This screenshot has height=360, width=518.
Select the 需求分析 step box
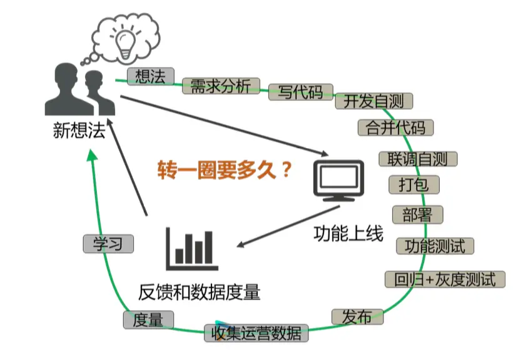(220, 86)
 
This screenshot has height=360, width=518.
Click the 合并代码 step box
(395, 127)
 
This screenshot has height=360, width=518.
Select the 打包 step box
(414, 185)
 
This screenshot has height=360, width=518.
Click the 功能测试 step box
(435, 246)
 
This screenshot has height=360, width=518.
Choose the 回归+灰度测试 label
(445, 279)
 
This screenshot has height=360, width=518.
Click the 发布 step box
(357, 317)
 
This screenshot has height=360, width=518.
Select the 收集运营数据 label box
(256, 332)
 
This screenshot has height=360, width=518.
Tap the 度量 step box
(148, 319)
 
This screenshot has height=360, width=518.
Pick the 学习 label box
(108, 244)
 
